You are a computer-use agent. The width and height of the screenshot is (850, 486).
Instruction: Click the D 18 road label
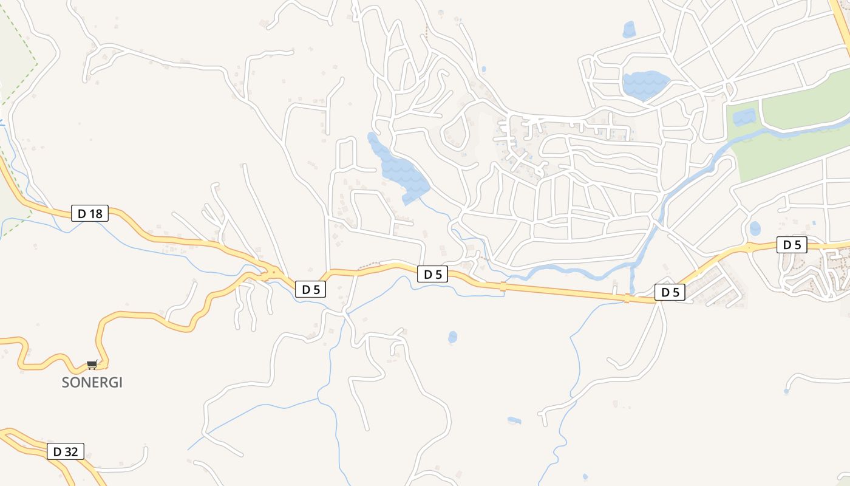click(x=90, y=213)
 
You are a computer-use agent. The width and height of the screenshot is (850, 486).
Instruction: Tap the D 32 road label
click(x=66, y=451)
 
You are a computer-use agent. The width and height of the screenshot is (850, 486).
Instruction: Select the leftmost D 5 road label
click(x=310, y=290)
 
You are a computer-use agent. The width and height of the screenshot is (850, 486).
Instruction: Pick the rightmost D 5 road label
click(x=792, y=245)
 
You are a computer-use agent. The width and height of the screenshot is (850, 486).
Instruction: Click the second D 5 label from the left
click(x=432, y=275)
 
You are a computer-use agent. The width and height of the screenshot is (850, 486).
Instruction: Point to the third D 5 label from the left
click(x=670, y=293)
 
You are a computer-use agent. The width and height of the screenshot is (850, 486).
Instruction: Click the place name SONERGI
click(x=92, y=383)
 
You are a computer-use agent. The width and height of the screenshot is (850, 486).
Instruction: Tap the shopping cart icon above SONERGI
click(x=92, y=364)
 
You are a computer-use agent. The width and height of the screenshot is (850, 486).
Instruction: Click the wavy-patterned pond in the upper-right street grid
click(x=645, y=84)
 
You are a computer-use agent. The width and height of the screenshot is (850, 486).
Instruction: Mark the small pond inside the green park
click(x=744, y=117)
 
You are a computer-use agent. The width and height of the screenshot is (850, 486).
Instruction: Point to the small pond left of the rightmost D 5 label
click(x=755, y=228)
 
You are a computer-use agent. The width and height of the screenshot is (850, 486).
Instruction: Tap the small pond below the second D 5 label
click(x=452, y=337)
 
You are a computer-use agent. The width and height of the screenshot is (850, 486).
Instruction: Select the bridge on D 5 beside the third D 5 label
click(x=627, y=298)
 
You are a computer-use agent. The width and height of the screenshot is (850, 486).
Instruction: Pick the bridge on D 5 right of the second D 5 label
click(x=503, y=286)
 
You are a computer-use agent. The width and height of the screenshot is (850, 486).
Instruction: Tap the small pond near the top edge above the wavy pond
click(x=629, y=29)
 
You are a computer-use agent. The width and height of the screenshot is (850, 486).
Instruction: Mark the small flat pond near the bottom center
click(x=514, y=420)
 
